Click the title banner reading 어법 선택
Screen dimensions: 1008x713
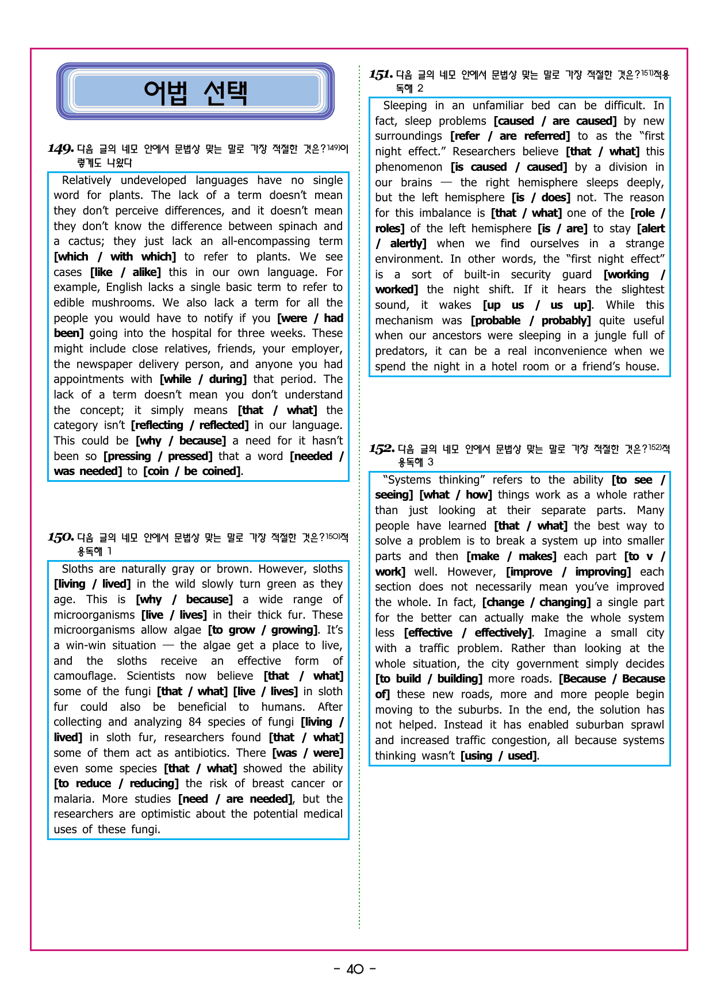tap(195, 92)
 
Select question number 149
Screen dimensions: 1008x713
tap(61, 149)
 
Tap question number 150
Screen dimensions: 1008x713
tap(61, 538)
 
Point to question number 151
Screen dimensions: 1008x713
tap(381, 75)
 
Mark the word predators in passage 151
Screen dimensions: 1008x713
tap(400, 351)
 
